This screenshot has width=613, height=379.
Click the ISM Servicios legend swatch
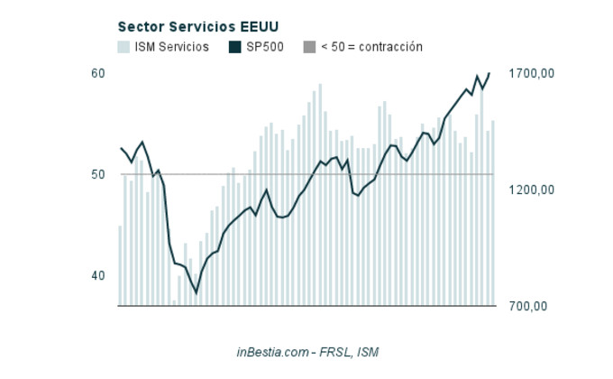[x=124, y=47]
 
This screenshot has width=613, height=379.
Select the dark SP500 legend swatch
[x=235, y=47]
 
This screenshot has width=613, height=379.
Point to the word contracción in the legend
[x=390, y=47]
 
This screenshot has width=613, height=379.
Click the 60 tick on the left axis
[x=98, y=73]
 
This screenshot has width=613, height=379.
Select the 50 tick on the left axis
[x=98, y=174]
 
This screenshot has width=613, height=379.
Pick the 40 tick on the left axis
[x=98, y=276]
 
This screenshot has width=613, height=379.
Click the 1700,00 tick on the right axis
[x=529, y=73]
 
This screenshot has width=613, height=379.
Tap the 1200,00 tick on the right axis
[x=529, y=189]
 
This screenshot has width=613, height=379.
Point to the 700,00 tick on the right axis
[x=529, y=306]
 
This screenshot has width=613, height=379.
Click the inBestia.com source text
[x=273, y=351]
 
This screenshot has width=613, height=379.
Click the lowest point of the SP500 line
[x=196, y=292]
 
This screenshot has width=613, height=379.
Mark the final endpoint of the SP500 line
[x=489, y=73]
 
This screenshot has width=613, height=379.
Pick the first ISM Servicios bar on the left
[x=120, y=265]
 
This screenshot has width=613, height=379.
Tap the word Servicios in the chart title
[x=194, y=27]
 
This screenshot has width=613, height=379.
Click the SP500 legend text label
[x=265, y=47]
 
